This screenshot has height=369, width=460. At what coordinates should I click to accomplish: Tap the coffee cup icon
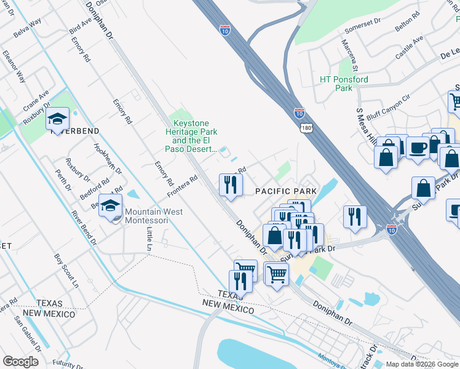click(x=418, y=148)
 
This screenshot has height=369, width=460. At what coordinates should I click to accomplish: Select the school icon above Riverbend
click(x=57, y=119)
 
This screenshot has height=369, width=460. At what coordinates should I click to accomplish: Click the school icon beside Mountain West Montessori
click(x=110, y=206)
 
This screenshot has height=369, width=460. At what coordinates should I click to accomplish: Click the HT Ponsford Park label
click(x=344, y=84)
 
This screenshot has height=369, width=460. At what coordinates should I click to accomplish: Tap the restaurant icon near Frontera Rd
click(x=231, y=184)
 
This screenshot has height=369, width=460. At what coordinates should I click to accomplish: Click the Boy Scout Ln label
click(x=66, y=271)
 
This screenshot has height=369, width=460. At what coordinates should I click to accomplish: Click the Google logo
click(x=20, y=362)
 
